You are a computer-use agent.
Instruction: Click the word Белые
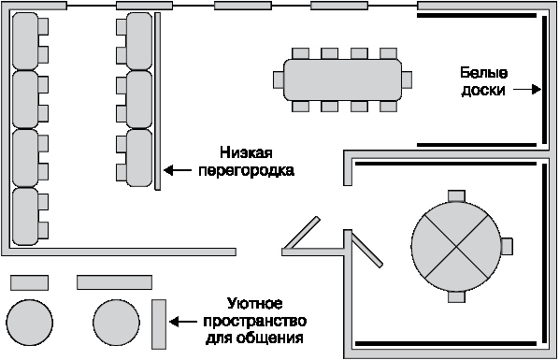484,73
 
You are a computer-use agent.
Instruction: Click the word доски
483,90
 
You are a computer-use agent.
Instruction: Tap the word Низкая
246,152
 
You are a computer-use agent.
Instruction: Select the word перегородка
247,170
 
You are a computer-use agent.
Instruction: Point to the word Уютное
255,304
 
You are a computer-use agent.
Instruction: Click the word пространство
255,321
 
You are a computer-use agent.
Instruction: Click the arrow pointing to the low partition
178,170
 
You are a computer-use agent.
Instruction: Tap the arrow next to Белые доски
527,90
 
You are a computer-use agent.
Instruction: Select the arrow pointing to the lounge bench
182,322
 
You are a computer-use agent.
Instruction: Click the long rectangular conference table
343,79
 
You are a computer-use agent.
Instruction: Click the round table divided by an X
456,246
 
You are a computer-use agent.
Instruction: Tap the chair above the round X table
456,195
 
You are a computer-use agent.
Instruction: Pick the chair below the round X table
456,296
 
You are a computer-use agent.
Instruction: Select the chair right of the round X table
507,246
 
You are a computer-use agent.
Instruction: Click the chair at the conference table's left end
279,79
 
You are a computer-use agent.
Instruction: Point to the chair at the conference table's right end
407,79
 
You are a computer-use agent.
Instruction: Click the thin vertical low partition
158,101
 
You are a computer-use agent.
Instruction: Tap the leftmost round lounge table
30,323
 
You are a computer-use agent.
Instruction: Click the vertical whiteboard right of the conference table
545,79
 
